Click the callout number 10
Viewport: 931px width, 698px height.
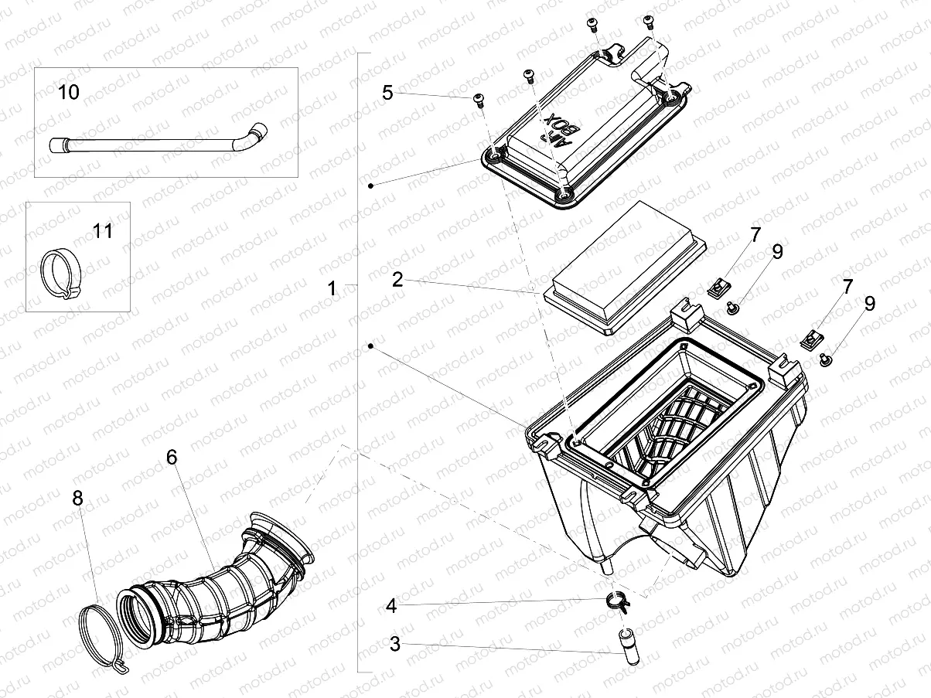[x=69, y=93]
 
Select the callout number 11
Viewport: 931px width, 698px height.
[x=103, y=230]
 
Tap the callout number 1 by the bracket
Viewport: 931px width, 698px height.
[x=332, y=289]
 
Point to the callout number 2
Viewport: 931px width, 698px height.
[x=397, y=280]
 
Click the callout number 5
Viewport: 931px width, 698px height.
[x=387, y=93]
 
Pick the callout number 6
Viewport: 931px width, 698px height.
[x=172, y=457]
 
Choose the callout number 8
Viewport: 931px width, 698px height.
[x=77, y=499]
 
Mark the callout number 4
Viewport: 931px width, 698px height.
[x=391, y=606]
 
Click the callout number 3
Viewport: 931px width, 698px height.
[x=395, y=644]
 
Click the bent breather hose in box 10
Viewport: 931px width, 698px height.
[x=155, y=144]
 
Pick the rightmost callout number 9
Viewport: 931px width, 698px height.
[x=870, y=304]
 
